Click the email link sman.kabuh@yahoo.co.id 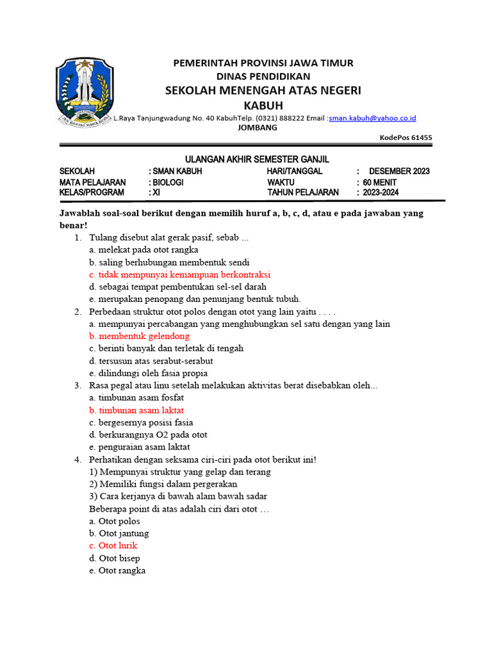[372, 118]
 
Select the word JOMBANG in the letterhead [258, 127]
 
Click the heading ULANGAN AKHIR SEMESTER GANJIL [257, 159]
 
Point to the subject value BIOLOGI [168, 182]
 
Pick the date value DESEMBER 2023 [399, 171]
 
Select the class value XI [156, 193]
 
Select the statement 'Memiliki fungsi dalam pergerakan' [163, 484]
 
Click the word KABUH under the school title [263, 105]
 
